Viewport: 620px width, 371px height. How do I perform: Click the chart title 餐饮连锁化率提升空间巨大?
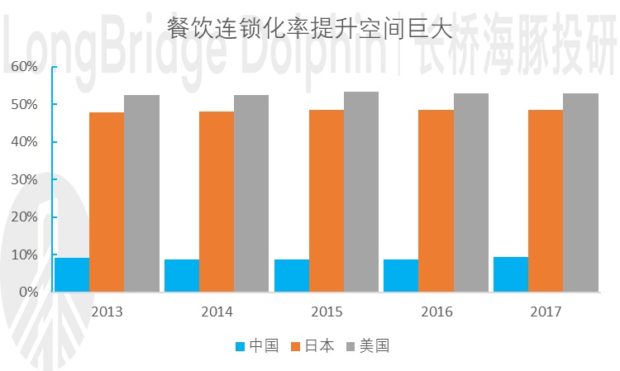(310, 31)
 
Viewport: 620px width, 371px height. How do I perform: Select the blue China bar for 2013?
(72, 275)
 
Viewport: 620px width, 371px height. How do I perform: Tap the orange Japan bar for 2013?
(107, 202)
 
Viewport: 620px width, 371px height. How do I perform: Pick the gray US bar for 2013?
(141, 193)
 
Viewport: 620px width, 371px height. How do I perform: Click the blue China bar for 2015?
(291, 276)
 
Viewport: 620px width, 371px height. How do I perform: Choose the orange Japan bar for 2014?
(216, 202)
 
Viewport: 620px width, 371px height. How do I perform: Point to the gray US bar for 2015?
(360, 192)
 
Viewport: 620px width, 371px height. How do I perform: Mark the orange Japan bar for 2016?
(436, 201)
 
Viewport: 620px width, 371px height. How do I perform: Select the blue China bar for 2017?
(510, 274)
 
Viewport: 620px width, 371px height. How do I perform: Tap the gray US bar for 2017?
(580, 193)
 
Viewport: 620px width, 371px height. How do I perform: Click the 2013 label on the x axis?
(107, 312)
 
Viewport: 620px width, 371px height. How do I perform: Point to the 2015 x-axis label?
(326, 312)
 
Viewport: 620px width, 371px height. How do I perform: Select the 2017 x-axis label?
(545, 312)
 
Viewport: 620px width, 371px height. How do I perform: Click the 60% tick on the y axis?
(24, 67)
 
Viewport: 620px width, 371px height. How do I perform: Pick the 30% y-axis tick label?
(24, 179)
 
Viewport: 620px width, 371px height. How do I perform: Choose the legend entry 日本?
(312, 346)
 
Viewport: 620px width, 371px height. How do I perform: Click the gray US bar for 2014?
(251, 193)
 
